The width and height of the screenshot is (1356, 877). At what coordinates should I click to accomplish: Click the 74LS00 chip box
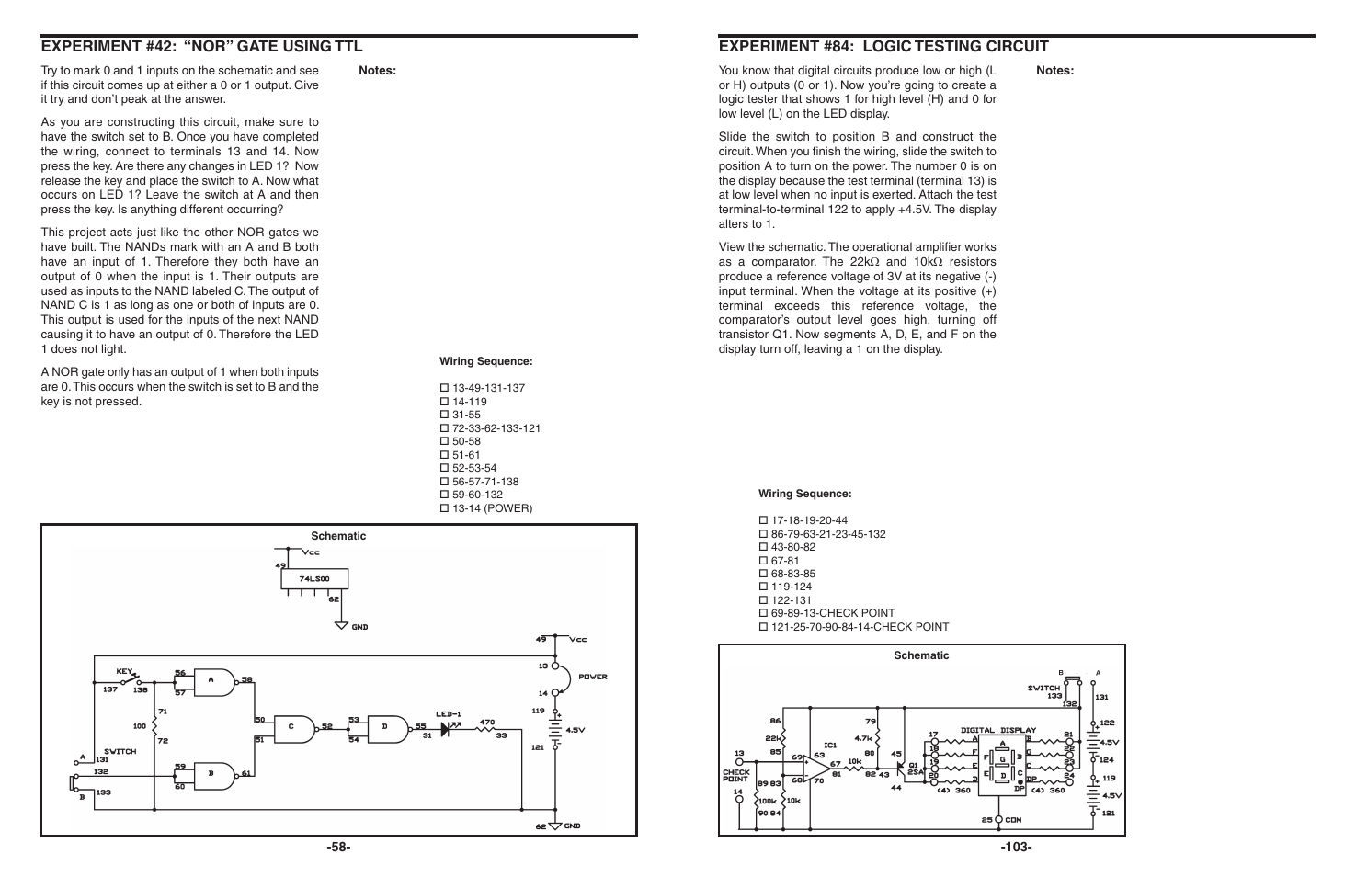coord(314,578)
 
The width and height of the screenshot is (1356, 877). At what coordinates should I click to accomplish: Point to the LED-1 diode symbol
coord(450,728)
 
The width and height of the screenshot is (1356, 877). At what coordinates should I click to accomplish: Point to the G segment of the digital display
coord(1002,758)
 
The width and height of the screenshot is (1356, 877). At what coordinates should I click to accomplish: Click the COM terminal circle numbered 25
coord(997,819)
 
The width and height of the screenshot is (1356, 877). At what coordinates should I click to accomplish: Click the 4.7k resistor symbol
coord(877,737)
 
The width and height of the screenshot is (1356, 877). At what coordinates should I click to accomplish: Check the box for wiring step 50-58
coord(444,442)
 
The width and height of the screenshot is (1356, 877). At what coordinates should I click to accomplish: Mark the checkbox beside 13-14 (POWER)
coord(444,508)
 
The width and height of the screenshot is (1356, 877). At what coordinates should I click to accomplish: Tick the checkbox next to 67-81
coord(763,561)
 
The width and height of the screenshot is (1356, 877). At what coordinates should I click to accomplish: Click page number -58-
coord(338,847)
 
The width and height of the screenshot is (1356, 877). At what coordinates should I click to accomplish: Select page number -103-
coord(1016,847)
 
